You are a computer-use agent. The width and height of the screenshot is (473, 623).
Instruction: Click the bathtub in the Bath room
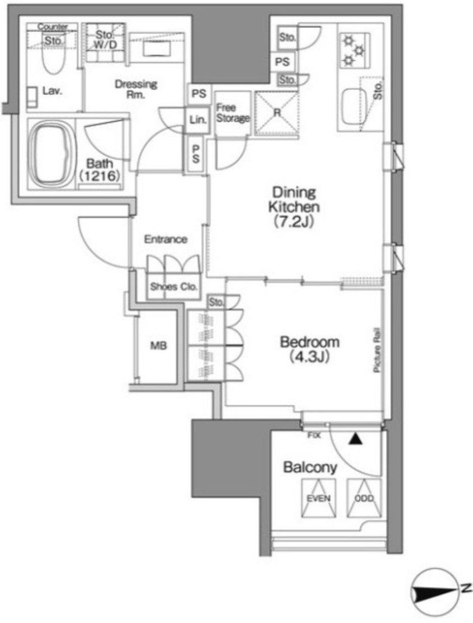point(51,153)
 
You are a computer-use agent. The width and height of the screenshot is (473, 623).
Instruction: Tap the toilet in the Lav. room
point(54,60)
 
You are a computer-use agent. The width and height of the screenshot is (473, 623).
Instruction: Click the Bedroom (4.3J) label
point(310,349)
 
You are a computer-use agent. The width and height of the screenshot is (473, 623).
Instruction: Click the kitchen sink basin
point(354,106)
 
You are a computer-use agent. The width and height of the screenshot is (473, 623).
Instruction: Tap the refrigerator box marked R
point(277,113)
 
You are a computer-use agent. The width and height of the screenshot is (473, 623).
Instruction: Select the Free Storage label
point(233,113)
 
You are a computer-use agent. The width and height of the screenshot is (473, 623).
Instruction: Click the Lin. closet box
point(198,120)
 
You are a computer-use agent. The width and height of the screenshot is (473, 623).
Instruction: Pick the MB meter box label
point(159,346)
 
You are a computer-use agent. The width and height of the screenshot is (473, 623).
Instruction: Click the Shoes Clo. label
point(173,287)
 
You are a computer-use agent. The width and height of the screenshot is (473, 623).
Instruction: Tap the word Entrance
point(165,239)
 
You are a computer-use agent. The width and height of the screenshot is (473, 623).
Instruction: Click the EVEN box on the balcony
point(319,498)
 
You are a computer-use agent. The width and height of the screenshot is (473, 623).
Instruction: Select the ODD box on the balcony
point(364,498)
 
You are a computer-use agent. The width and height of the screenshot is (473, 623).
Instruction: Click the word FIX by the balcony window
point(314,436)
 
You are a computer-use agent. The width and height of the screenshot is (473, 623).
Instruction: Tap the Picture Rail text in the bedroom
point(377,350)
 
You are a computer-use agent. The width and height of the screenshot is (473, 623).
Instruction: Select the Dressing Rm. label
point(136,89)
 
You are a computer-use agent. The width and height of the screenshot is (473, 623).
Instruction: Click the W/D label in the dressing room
point(106,45)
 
